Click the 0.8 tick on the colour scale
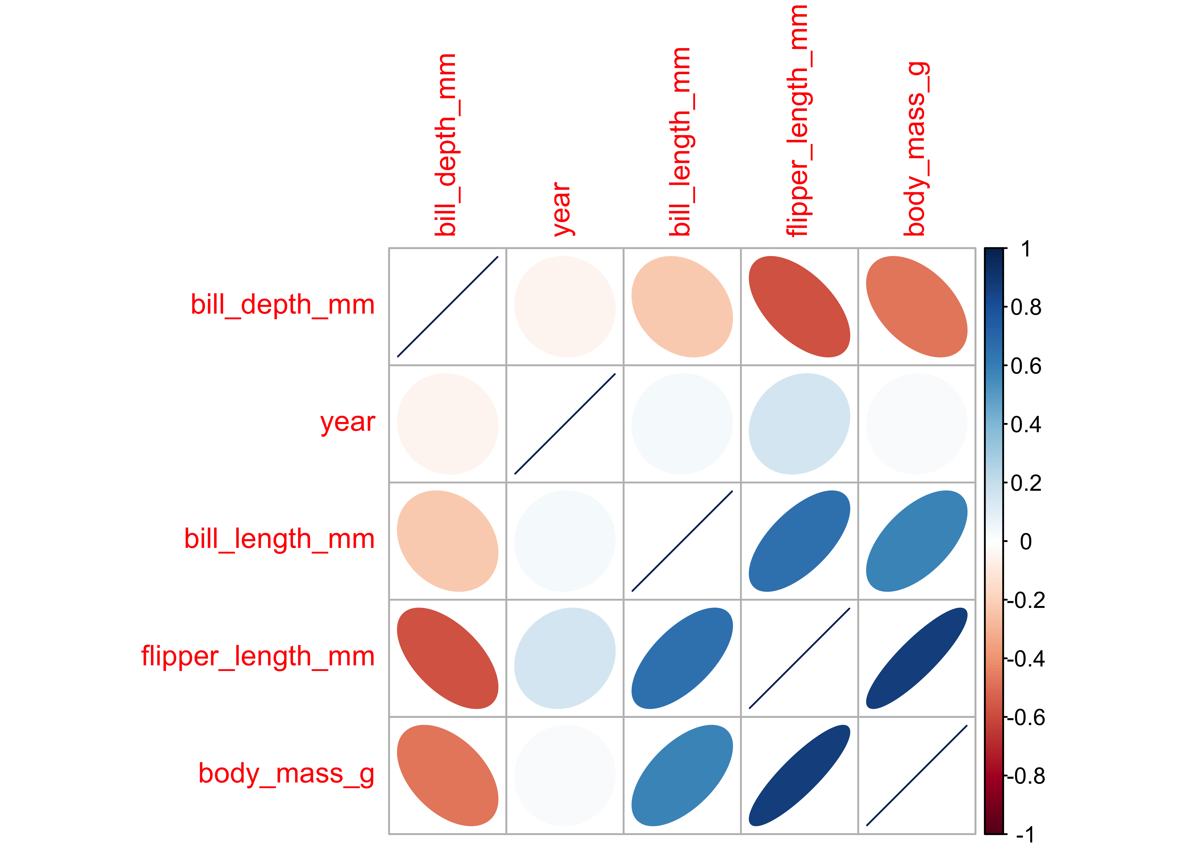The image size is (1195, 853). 1025,307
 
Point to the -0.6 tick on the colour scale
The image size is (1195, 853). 1025,717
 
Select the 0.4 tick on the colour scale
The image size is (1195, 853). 1025,425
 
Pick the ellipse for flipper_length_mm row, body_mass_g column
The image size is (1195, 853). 916,658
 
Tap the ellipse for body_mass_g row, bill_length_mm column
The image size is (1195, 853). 682,775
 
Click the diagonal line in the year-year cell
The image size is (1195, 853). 564,424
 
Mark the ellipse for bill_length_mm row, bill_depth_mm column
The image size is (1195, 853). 447,541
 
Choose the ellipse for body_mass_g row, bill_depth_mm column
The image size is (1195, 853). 447,775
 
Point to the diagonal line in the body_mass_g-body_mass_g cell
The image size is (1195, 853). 916,775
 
